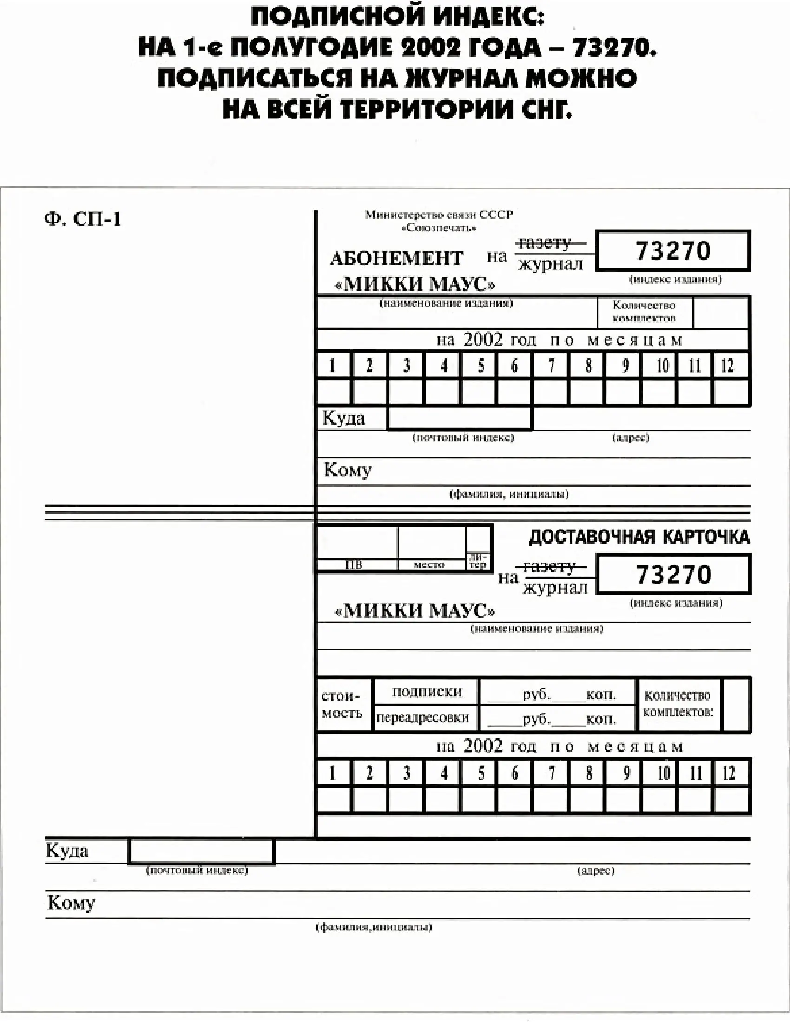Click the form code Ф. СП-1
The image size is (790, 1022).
point(82,219)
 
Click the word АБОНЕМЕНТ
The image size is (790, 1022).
point(396,258)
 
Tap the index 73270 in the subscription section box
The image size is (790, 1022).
point(673,250)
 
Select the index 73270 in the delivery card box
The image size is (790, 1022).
point(673,574)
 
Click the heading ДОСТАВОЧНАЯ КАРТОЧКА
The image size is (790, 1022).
point(639,537)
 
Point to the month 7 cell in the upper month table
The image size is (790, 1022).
point(551,365)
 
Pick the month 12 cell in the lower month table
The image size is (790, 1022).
point(729,773)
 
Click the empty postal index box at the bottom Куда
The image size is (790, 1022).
point(201,851)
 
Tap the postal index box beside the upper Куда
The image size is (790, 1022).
point(460,418)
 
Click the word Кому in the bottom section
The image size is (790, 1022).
point(71,902)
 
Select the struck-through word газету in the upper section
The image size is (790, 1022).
point(544,243)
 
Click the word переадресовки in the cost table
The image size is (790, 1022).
point(422,717)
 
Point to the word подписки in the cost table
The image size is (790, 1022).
point(427,692)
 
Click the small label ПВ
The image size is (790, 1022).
point(354,565)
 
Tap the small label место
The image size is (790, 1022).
point(429,565)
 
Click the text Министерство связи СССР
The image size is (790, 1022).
point(439,215)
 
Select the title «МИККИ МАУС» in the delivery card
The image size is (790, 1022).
point(415,611)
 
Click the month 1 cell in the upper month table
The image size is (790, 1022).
point(333,365)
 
